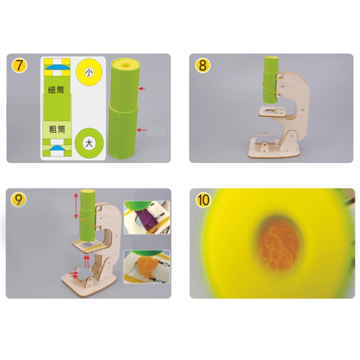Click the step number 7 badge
coord(19,66)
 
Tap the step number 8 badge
coord(203,66)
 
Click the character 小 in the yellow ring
coord(89,72)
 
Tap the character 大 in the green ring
coord(89,143)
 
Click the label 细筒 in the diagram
coord(56,90)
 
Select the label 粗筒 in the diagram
coord(57,129)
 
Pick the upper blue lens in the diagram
coord(57,67)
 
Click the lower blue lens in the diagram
coord(57,148)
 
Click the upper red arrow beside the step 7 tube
coord(142,88)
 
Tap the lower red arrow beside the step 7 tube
coord(142,130)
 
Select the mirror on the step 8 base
coord(265,140)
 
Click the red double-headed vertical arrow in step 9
coord(76,206)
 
